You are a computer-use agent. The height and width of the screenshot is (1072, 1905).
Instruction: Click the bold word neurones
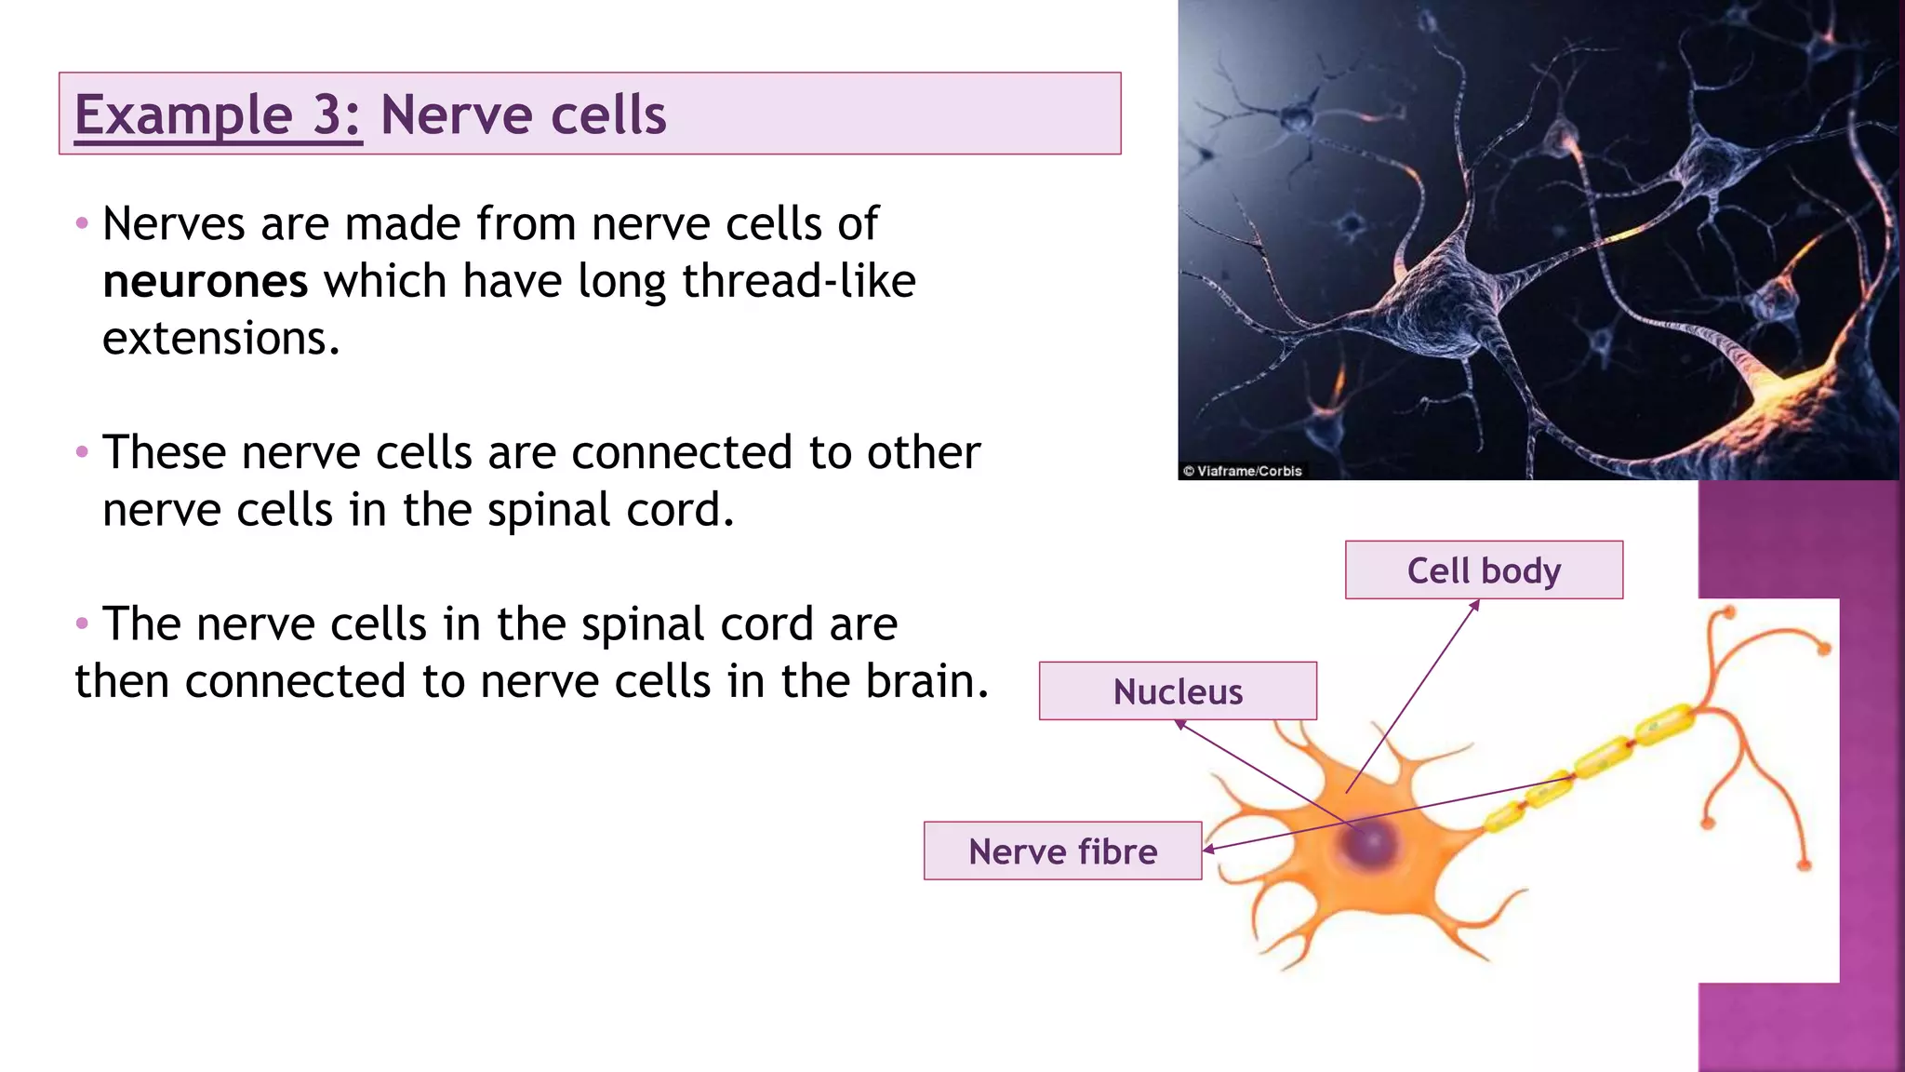click(x=205, y=282)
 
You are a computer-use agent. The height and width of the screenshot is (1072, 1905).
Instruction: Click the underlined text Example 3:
click(x=218, y=115)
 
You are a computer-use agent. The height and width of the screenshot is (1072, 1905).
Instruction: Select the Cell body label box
click(x=1484, y=569)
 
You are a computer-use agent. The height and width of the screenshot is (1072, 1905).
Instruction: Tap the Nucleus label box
click(x=1178, y=691)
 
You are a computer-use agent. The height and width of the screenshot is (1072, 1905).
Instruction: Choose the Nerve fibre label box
click(x=1062, y=851)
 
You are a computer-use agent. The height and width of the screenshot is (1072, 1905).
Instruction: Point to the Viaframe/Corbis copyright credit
click(x=1243, y=471)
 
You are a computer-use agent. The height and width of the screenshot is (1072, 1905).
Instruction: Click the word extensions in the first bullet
click(x=220, y=339)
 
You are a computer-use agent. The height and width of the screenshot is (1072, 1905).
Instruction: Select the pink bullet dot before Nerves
click(x=82, y=223)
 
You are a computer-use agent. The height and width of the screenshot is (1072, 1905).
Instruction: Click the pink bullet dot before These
click(x=82, y=452)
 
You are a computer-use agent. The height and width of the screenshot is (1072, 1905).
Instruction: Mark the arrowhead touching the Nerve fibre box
click(x=1208, y=849)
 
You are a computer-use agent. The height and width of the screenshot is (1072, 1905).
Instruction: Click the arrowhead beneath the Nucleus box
click(x=1179, y=724)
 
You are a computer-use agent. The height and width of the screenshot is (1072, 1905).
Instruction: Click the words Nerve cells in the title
click(x=523, y=115)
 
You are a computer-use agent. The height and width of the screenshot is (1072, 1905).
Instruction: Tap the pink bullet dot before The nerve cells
click(x=82, y=623)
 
